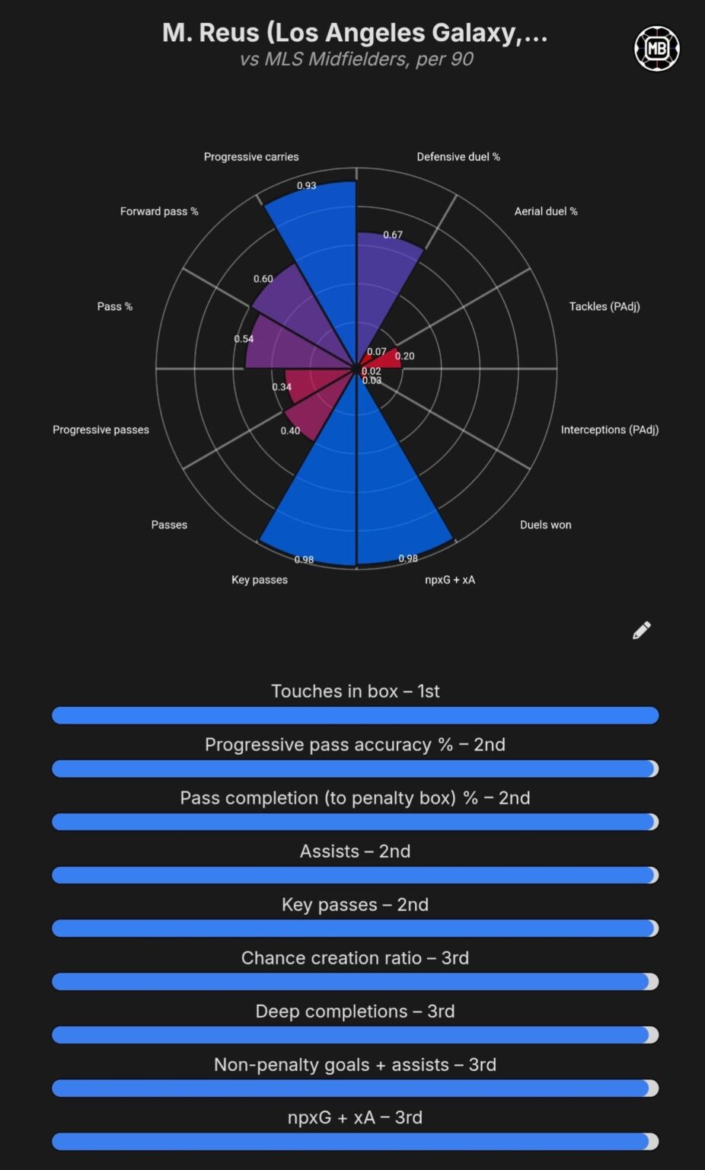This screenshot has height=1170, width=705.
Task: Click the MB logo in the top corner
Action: click(x=656, y=49)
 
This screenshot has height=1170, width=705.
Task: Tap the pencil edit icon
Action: click(x=642, y=630)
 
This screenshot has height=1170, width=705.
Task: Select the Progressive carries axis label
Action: click(x=251, y=157)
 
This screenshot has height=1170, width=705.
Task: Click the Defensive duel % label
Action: click(x=458, y=157)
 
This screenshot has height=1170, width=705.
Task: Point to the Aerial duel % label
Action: click(x=546, y=211)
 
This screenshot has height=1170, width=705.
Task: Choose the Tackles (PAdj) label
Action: click(x=605, y=306)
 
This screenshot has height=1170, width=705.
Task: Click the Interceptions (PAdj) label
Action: click(x=610, y=430)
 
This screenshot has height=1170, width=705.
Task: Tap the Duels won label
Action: click(x=545, y=525)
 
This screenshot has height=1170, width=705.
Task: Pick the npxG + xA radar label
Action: click(x=450, y=580)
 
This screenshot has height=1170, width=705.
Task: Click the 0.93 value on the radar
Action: click(x=306, y=186)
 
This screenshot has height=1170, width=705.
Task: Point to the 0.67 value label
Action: click(x=393, y=235)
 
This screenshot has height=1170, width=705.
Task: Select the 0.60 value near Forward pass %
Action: click(x=263, y=279)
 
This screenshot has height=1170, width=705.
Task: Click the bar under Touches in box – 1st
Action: click(x=355, y=715)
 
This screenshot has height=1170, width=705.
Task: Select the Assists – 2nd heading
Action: click(x=355, y=851)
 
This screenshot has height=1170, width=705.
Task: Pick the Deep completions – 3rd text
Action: click(x=355, y=1011)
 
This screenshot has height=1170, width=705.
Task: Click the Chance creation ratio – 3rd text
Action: click(x=355, y=957)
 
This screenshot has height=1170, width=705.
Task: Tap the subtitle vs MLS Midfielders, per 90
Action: click(x=356, y=59)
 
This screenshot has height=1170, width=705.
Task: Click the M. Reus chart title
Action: click(x=355, y=33)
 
